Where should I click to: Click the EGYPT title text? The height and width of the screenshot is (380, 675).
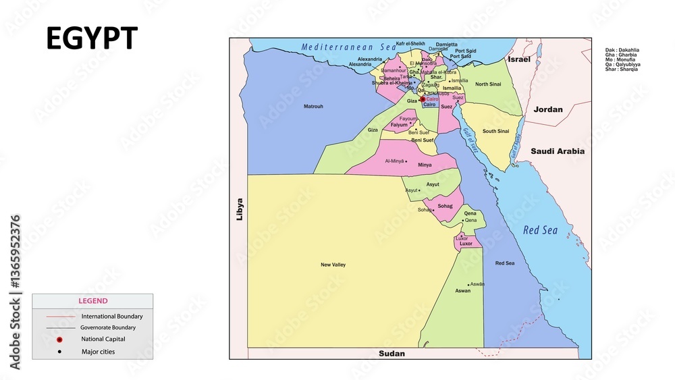tap(92, 39)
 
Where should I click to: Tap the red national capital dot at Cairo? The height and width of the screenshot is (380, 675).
tap(423, 99)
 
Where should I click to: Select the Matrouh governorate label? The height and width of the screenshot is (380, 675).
tap(313, 107)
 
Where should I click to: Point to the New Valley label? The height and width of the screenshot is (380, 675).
tap(333, 265)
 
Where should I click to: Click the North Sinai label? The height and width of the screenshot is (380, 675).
tap(487, 84)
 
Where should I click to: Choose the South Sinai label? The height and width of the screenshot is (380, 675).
tap(495, 132)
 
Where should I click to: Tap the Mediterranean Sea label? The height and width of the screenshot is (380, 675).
tap(348, 47)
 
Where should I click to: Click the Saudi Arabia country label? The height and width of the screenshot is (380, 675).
tap(557, 151)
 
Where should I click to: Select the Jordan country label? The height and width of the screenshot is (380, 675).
tap(547, 109)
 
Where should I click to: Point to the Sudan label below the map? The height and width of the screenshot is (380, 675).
tap(391, 354)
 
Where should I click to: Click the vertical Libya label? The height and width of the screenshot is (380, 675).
tap(240, 209)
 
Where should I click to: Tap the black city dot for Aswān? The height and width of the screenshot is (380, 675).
tap(468, 285)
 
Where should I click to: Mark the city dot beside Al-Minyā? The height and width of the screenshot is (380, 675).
tap(406, 161)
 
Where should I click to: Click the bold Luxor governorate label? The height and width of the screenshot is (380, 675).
tap(466, 244)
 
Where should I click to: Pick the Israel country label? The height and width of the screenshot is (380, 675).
tap(519, 60)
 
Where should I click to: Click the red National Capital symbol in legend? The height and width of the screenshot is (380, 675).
tap(59, 340)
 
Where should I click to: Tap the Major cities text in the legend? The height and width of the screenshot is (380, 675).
tap(98, 352)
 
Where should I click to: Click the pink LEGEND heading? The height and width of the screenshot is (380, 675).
tap(92, 301)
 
